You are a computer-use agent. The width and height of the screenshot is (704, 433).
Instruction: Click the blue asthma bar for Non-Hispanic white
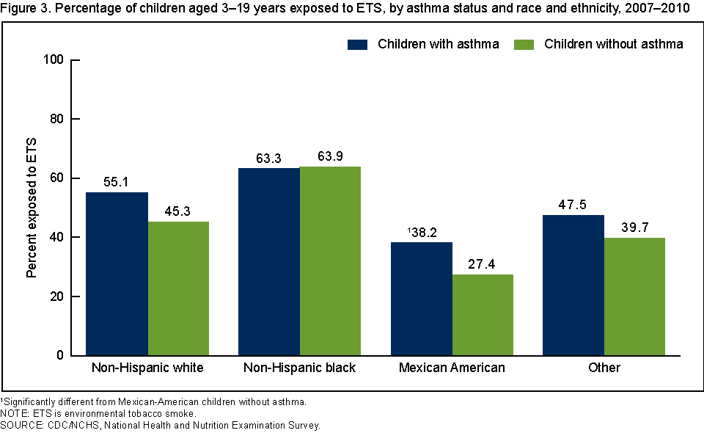(117, 274)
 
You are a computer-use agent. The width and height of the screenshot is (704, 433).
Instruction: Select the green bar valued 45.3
(178, 288)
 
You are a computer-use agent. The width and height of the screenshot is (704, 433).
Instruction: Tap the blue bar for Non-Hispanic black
(269, 262)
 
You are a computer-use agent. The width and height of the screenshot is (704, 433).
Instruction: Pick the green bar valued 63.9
(330, 261)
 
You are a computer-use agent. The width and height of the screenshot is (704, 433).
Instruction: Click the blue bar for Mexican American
(422, 299)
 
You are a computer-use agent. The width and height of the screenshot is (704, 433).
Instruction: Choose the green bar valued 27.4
(483, 315)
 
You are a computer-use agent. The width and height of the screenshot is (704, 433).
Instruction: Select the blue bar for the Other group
(573, 285)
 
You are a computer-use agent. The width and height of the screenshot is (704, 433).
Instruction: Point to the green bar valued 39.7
(634, 296)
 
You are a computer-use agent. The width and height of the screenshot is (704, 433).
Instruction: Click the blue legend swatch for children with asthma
(356, 44)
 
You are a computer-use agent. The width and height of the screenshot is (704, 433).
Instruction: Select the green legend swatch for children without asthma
(523, 44)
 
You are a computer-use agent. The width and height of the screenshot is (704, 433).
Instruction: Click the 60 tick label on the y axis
(56, 178)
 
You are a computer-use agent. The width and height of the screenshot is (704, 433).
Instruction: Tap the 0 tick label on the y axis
(59, 356)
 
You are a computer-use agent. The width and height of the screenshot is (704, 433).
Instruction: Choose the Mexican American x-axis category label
(452, 368)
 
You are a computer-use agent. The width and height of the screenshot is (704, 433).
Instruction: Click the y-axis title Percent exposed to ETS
(32, 208)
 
